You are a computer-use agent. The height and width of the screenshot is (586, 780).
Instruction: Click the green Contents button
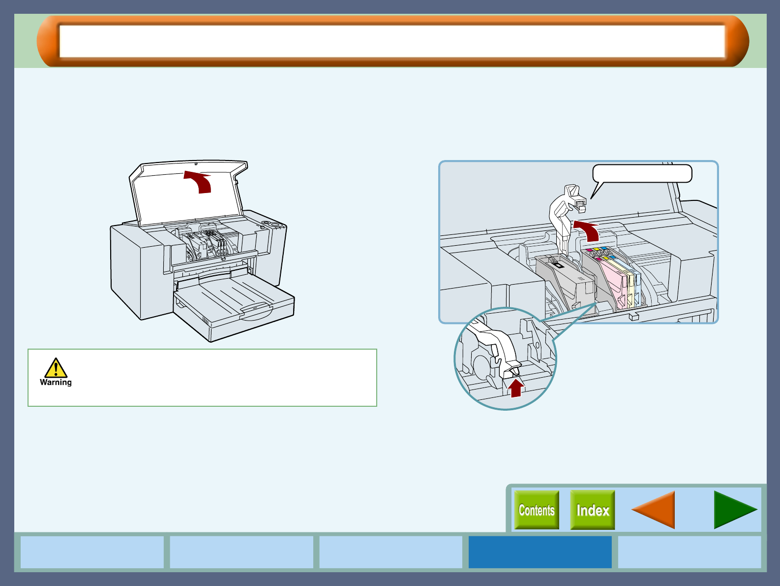537,510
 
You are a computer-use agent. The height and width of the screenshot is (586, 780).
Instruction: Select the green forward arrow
735,510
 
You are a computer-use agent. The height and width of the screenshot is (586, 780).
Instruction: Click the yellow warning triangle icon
56,368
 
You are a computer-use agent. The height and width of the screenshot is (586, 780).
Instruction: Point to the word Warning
56,382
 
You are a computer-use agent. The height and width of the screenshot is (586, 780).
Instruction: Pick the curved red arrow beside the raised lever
588,230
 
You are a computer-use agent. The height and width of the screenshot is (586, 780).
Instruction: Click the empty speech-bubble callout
642,173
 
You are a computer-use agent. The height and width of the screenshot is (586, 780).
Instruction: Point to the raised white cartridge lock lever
566,212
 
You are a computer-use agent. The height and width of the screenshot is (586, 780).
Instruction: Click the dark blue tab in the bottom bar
540,552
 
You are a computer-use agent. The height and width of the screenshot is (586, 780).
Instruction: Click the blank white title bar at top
392,41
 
